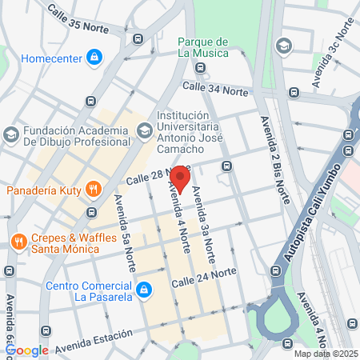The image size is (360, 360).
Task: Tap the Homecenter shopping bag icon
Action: tap(94, 57)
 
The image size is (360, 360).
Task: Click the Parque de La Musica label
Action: tap(203, 47)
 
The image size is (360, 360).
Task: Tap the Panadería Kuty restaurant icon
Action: tap(94, 190)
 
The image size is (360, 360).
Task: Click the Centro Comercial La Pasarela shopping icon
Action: tap(143, 289)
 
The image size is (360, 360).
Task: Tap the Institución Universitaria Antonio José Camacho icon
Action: tap(144, 129)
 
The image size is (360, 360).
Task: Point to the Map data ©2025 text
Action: tap(325, 354)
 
